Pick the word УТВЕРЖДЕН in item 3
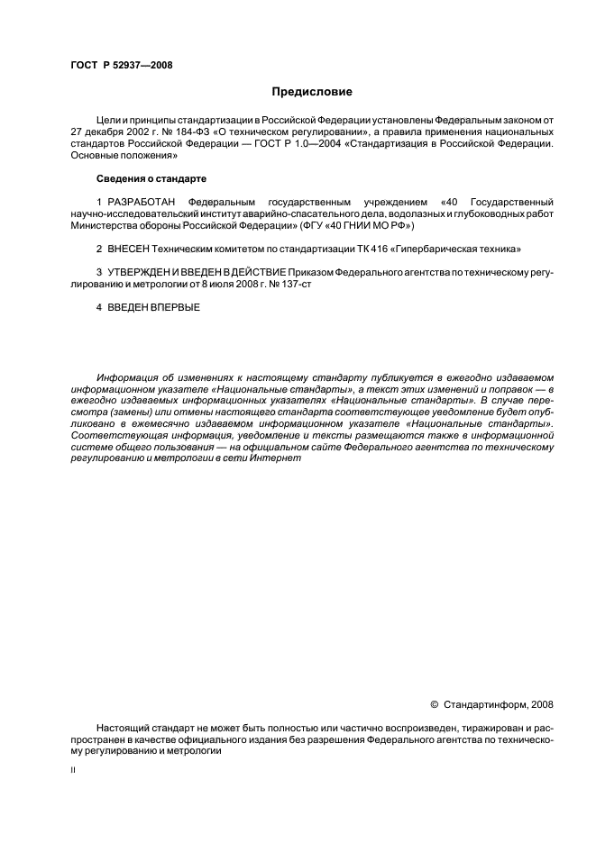144,272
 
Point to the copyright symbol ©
436,703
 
